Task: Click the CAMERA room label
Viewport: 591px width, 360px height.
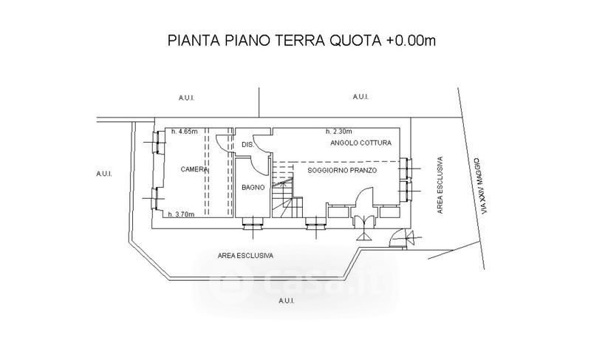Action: pyautogui.click(x=194, y=169)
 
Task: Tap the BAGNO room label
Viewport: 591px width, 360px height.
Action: pyautogui.click(x=253, y=187)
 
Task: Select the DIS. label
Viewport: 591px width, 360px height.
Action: pyautogui.click(x=247, y=145)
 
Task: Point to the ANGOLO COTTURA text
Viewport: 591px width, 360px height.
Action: pyautogui.click(x=361, y=143)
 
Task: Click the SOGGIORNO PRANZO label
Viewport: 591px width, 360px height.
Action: pyautogui.click(x=342, y=170)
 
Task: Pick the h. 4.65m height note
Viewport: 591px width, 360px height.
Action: pyautogui.click(x=185, y=132)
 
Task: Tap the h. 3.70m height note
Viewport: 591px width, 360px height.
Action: pyautogui.click(x=181, y=214)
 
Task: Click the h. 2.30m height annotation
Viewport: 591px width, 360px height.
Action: pyautogui.click(x=339, y=132)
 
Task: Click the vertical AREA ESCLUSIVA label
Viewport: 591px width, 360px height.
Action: pyautogui.click(x=440, y=185)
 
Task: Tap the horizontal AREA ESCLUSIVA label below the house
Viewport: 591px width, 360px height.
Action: pyautogui.click(x=245, y=256)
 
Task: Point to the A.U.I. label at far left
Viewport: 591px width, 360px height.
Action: pyautogui.click(x=104, y=174)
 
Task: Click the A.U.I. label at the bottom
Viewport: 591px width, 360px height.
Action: pyautogui.click(x=287, y=301)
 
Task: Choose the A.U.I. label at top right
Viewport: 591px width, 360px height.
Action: pyautogui.click(x=361, y=97)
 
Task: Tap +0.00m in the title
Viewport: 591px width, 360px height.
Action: pyautogui.click(x=411, y=41)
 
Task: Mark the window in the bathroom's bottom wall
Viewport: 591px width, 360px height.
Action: pyautogui.click(x=253, y=225)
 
